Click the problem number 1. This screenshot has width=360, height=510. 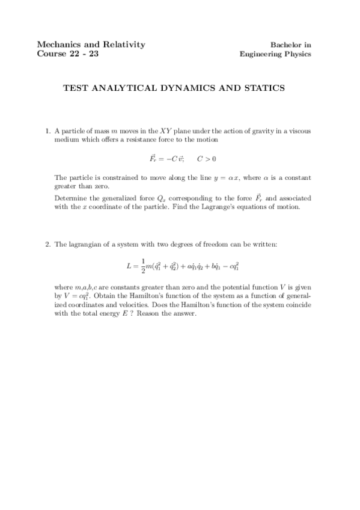pyautogui.click(x=47, y=131)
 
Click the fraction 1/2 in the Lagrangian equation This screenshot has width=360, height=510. pyautogui.click(x=143, y=265)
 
